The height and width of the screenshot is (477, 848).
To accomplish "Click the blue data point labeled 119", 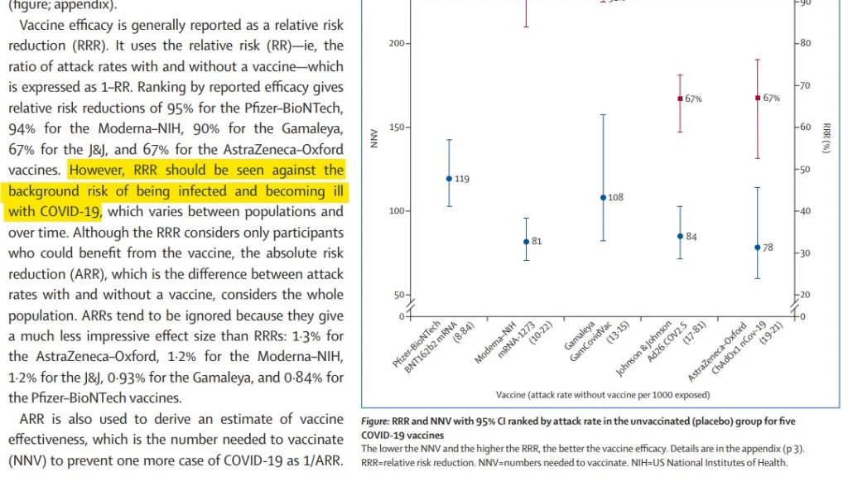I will pos(449,178).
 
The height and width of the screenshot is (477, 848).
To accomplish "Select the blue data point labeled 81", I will pos(526,242).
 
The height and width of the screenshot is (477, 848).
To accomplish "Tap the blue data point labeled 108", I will pos(603,197).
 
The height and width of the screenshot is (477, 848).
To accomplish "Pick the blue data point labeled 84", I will pos(680,236).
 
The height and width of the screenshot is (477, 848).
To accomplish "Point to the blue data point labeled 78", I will pos(757,248).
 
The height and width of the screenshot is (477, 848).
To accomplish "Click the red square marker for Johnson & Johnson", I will pos(680,99).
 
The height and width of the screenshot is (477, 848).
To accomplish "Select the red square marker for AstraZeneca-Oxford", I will pos(757,98).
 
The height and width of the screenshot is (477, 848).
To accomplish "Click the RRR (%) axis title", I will pos(826,137).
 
